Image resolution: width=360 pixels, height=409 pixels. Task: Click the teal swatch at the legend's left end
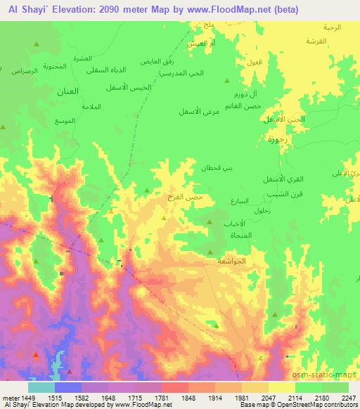click(x=41, y=387)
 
